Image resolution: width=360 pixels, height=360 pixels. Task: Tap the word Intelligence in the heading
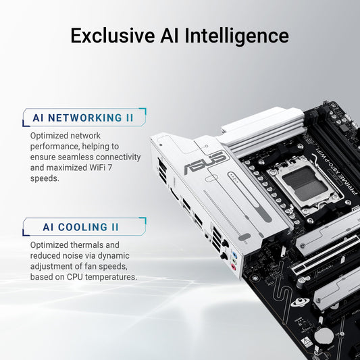point(236,35)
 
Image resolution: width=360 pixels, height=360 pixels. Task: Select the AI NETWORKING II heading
point(83,118)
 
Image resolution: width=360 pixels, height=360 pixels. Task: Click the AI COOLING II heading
point(75,227)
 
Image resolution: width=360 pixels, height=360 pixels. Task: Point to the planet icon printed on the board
point(297,302)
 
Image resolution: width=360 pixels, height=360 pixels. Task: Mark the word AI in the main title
point(170,35)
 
